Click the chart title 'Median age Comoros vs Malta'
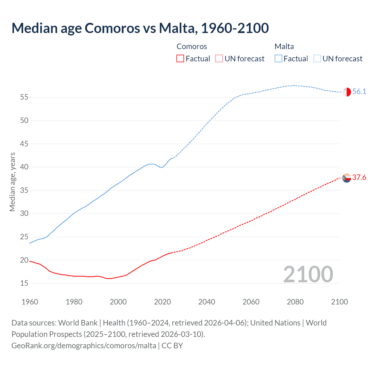click(x=140, y=28)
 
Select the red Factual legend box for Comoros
click(x=180, y=59)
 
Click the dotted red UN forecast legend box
click(x=219, y=59)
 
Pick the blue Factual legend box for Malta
click(x=278, y=59)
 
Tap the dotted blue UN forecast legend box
click(x=317, y=59)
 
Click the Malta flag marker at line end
click(x=347, y=92)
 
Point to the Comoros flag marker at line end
click(x=347, y=178)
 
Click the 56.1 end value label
click(x=359, y=92)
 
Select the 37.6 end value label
click(x=359, y=178)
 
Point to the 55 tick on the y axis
click(x=24, y=97)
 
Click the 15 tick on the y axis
click(x=24, y=283)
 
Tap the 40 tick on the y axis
click(x=24, y=167)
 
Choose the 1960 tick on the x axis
click(x=30, y=302)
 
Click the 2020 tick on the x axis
click(x=162, y=302)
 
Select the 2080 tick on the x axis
click(x=295, y=302)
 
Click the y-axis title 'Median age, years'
click(x=12, y=182)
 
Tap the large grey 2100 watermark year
click(x=308, y=274)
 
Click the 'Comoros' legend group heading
click(x=192, y=46)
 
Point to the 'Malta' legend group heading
click(x=284, y=46)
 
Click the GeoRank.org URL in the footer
click(x=84, y=346)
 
